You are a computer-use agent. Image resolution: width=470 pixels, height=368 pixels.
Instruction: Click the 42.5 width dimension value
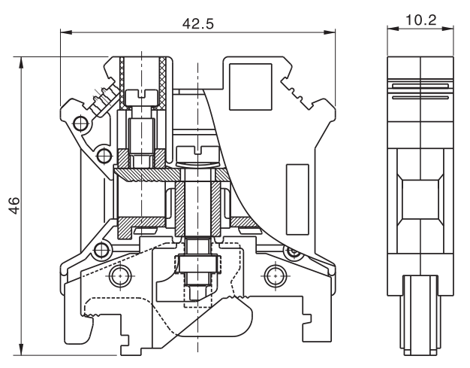198,23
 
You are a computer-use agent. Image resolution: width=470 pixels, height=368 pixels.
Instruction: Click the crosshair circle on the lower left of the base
118,276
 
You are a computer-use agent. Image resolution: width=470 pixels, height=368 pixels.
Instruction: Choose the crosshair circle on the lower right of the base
273,276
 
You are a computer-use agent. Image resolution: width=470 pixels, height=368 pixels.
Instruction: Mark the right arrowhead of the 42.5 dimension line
330,32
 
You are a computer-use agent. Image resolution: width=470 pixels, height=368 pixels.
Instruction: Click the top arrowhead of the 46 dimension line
24,59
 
